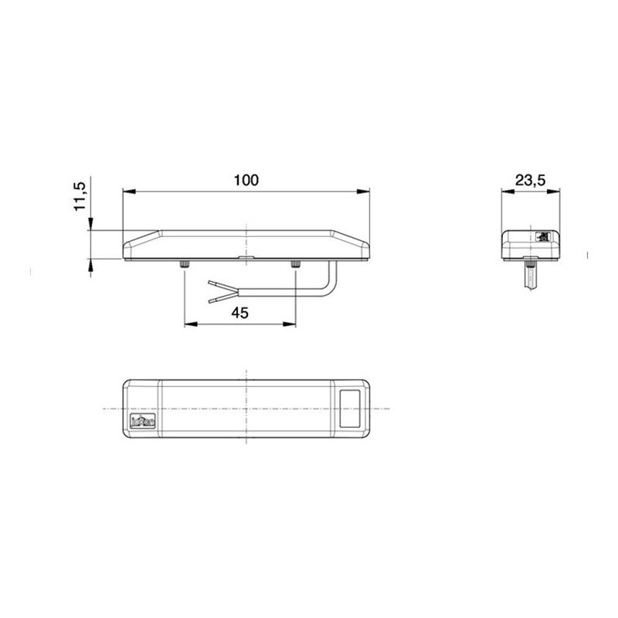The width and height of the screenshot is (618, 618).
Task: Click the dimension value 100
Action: coord(246,180)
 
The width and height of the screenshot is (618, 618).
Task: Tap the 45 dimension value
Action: coord(239,313)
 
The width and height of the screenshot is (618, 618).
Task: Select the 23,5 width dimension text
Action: coord(530,180)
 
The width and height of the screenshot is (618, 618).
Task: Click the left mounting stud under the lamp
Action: coord(183,266)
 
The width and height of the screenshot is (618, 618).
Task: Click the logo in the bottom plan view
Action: coord(144,422)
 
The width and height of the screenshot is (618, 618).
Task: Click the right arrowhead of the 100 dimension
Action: coord(365,191)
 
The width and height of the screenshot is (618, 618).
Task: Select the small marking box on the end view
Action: coord(543,236)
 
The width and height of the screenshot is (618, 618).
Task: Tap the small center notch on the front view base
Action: coord(246,259)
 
